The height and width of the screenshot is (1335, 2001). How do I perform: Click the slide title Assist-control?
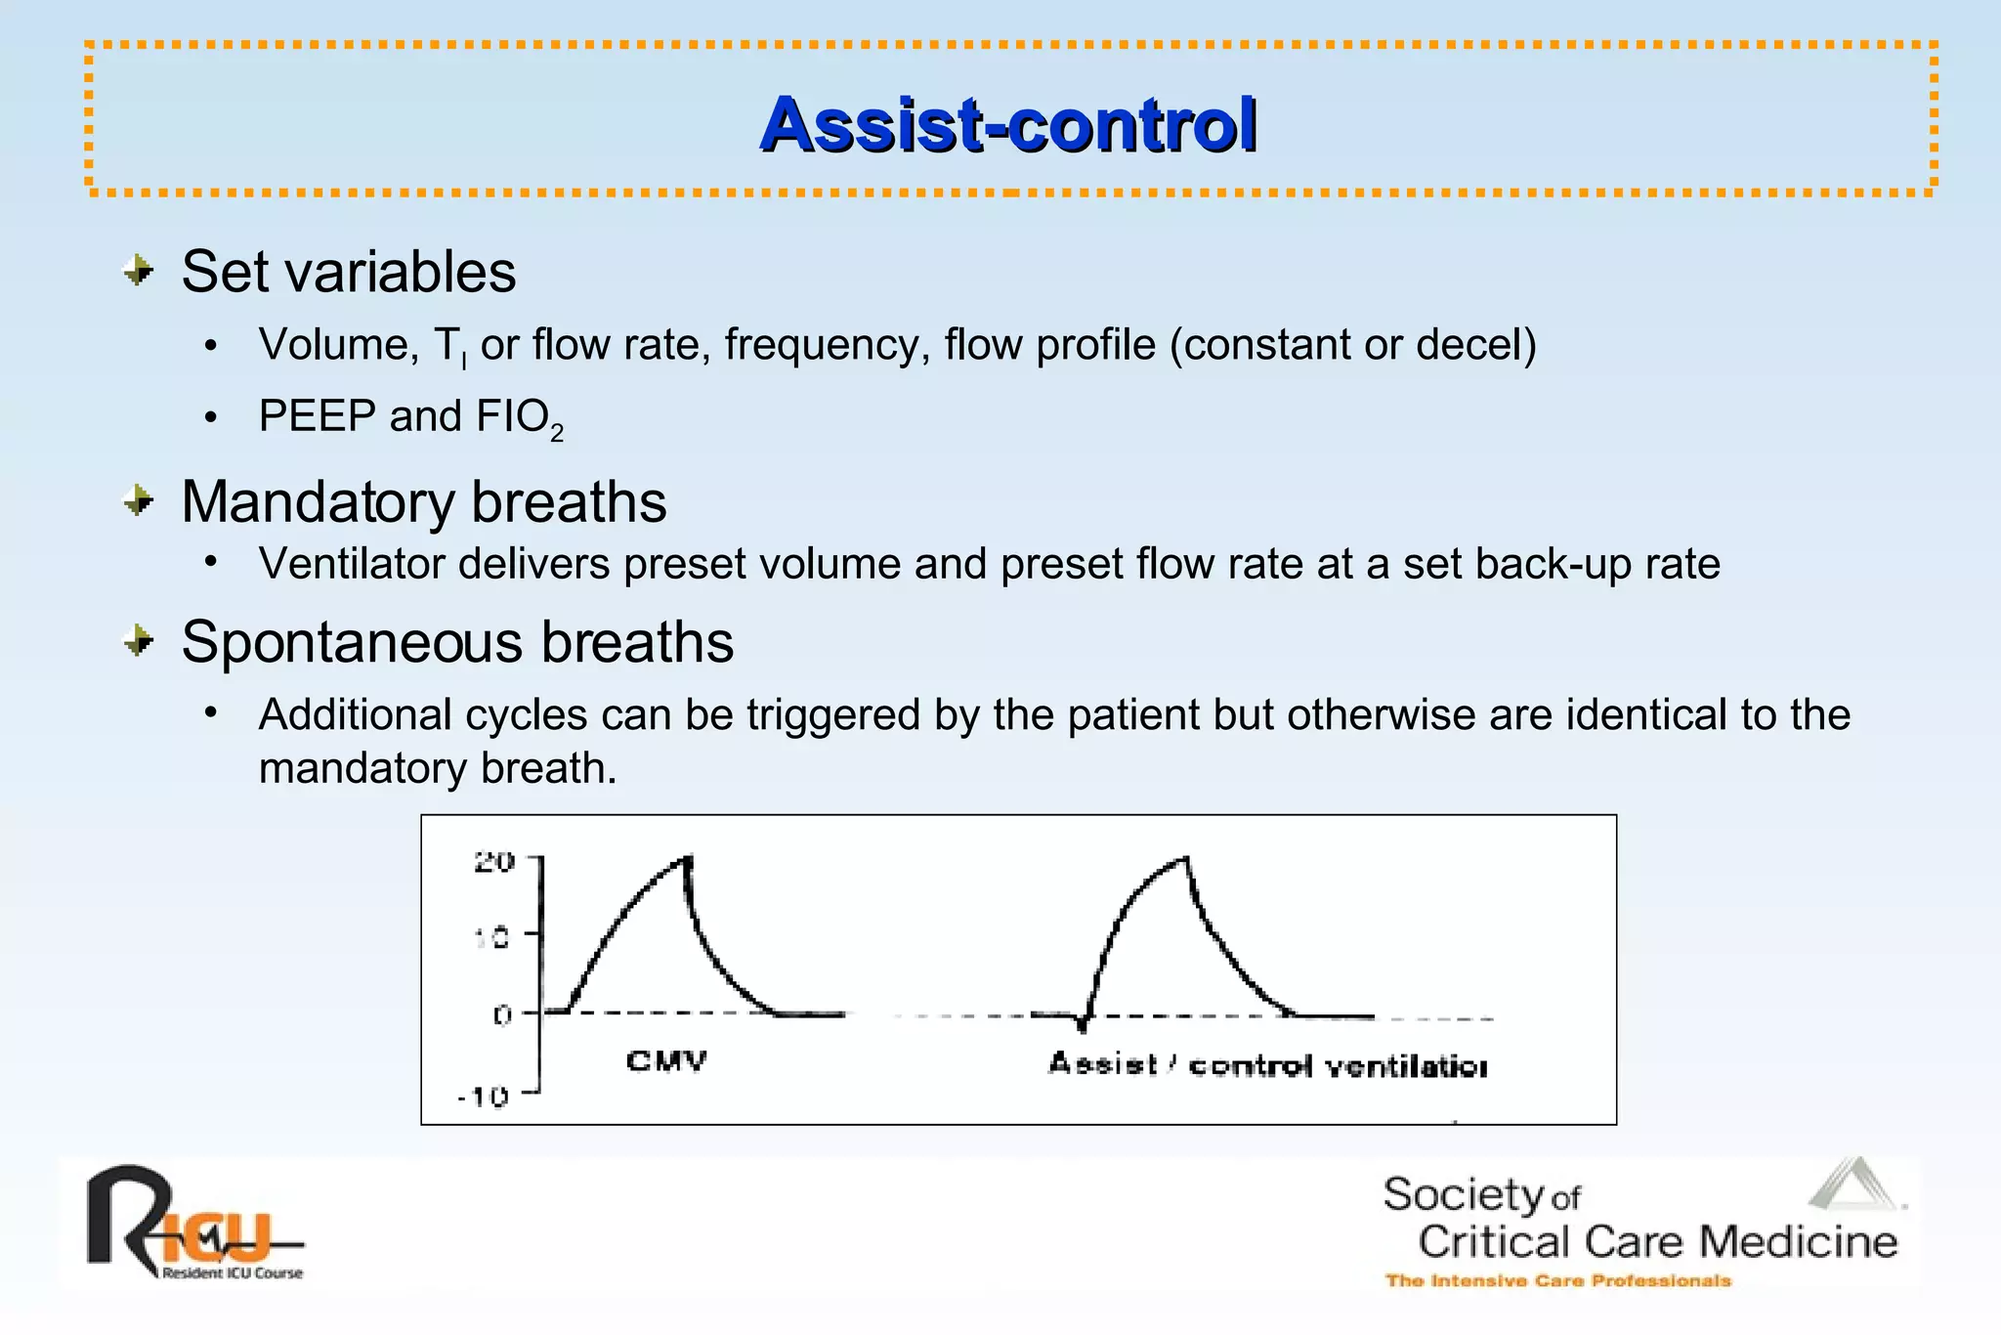click(x=1008, y=125)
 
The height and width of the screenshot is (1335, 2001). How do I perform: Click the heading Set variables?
click(x=348, y=272)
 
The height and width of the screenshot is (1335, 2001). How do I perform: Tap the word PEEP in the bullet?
click(x=317, y=416)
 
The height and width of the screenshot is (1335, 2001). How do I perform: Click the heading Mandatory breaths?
click(x=423, y=502)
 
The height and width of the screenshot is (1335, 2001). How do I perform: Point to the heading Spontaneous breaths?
click(x=457, y=642)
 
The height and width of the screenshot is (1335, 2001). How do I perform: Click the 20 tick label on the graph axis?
click(x=493, y=862)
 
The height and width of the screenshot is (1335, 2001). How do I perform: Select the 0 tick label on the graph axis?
click(x=502, y=1015)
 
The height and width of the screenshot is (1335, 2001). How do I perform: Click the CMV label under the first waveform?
click(x=666, y=1061)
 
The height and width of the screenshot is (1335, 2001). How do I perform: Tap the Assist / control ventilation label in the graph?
click(x=1267, y=1065)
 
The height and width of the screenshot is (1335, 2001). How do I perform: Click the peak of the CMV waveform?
click(x=688, y=858)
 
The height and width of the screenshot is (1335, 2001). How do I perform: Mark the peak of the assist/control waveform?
click(x=1185, y=858)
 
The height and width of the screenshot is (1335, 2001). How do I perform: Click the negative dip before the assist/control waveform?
click(x=1082, y=1026)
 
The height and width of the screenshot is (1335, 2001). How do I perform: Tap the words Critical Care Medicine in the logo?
click(x=1657, y=1242)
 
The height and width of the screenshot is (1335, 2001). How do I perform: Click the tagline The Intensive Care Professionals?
click(x=1557, y=1280)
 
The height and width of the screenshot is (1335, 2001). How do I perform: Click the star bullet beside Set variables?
click(x=140, y=271)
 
